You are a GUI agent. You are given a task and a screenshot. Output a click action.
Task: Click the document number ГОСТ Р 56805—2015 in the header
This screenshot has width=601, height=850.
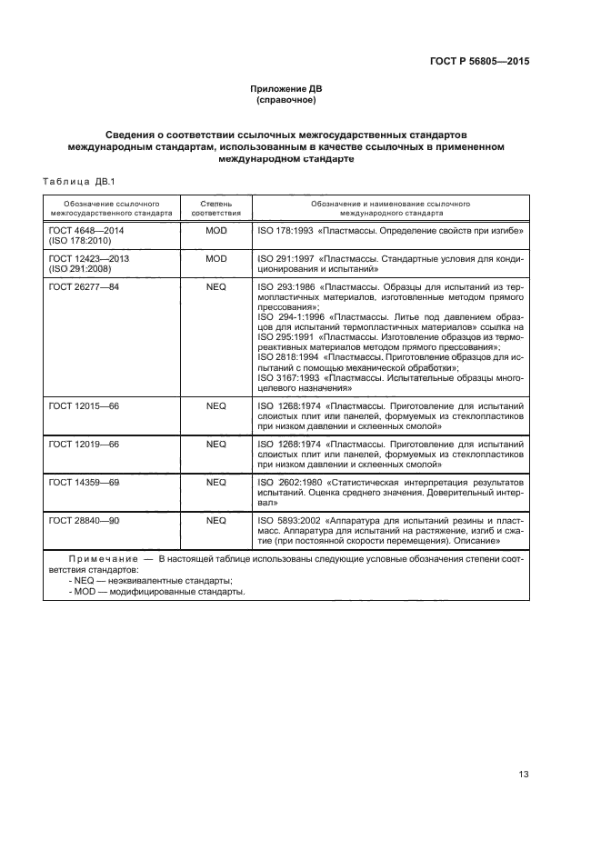pyautogui.click(x=478, y=62)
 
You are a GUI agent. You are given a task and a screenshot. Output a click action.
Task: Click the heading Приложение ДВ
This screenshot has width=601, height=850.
pyautogui.click(x=286, y=88)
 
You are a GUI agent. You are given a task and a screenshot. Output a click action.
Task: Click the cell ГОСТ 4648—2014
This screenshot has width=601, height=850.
pyautogui.click(x=87, y=232)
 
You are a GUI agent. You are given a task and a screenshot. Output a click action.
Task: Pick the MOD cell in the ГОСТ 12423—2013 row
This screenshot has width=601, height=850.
pyautogui.click(x=215, y=258)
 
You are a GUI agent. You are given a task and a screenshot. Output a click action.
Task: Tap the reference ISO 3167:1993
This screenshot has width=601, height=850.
pyautogui.click(x=290, y=377)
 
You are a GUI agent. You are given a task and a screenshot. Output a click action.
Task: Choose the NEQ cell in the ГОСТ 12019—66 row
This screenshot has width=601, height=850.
pyautogui.click(x=215, y=444)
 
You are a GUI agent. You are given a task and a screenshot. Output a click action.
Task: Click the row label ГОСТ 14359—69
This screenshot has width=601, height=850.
pyautogui.click(x=84, y=481)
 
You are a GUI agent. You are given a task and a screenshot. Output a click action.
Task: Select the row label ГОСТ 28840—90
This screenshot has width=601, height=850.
pyautogui.click(x=84, y=521)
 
